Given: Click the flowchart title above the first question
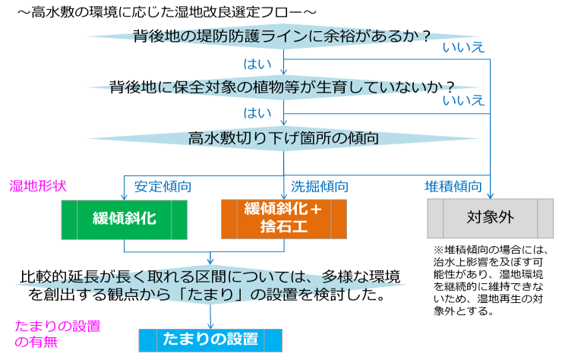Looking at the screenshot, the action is [167, 12].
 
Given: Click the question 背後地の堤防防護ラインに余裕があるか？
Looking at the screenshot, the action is [282, 36].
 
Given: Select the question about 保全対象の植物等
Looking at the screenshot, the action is [282, 87].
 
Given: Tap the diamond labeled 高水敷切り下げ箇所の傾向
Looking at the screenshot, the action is [283, 138].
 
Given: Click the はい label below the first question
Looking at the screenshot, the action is [257, 64].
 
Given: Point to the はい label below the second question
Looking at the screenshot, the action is [257, 113].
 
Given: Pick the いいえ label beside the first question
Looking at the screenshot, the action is [463, 47].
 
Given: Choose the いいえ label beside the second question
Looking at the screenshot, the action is [463, 100].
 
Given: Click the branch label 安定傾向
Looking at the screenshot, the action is [163, 186].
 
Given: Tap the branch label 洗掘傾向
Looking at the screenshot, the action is [319, 186].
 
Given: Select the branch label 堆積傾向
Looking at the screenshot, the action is [453, 186].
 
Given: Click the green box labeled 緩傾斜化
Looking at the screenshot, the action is [125, 219].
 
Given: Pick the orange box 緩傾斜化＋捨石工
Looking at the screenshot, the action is [284, 219].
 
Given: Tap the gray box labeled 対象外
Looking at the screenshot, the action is [491, 218].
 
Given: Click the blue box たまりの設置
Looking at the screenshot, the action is [210, 340].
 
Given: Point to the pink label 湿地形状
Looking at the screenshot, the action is [38, 186].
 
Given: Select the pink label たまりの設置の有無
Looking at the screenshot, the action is [58, 334].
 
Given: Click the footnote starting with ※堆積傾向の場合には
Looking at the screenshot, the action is [489, 280].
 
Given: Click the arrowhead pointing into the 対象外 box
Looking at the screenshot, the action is [490, 196].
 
